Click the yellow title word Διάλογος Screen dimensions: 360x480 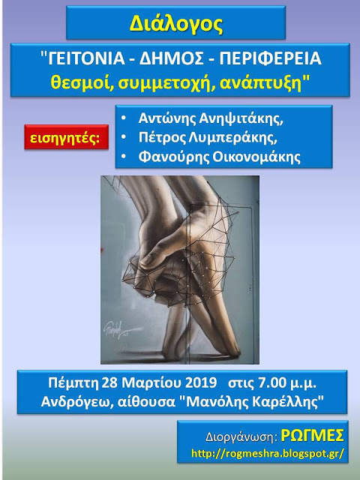click(175, 24)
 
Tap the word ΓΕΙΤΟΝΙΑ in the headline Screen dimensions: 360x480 click(86, 58)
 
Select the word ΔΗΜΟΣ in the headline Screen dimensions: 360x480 click(172, 58)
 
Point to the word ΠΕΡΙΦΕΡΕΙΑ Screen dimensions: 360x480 click(271, 58)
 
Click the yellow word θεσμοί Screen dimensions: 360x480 click(82, 82)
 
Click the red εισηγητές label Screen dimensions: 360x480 click(67, 137)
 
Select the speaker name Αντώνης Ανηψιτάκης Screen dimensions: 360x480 click(211, 118)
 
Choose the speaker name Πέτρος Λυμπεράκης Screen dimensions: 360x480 click(208, 138)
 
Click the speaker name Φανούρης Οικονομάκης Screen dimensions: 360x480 click(220, 157)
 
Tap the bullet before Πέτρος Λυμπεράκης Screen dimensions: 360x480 click(124, 138)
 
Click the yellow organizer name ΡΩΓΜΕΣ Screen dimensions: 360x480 click(312, 435)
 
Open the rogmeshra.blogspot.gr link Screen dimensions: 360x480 click(268, 453)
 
